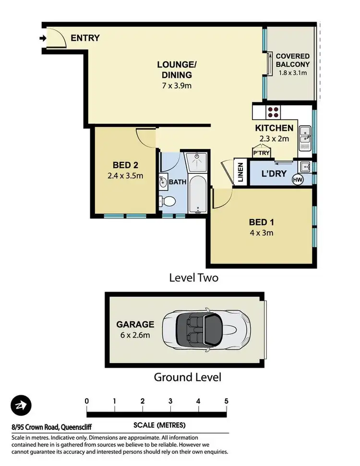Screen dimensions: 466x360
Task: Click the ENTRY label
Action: tap(85, 38)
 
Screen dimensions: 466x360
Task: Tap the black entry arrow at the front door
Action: tap(43, 38)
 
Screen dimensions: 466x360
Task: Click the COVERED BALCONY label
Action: tap(292, 60)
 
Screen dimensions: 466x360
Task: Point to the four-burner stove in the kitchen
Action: tap(274, 112)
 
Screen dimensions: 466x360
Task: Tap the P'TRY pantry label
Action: tap(261, 152)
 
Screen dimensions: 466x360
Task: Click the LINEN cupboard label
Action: tap(240, 172)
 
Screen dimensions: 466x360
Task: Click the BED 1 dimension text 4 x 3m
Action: tap(261, 233)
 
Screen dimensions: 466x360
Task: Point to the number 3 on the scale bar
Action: tap(170, 401)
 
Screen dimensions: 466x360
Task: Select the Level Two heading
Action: tap(194, 278)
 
